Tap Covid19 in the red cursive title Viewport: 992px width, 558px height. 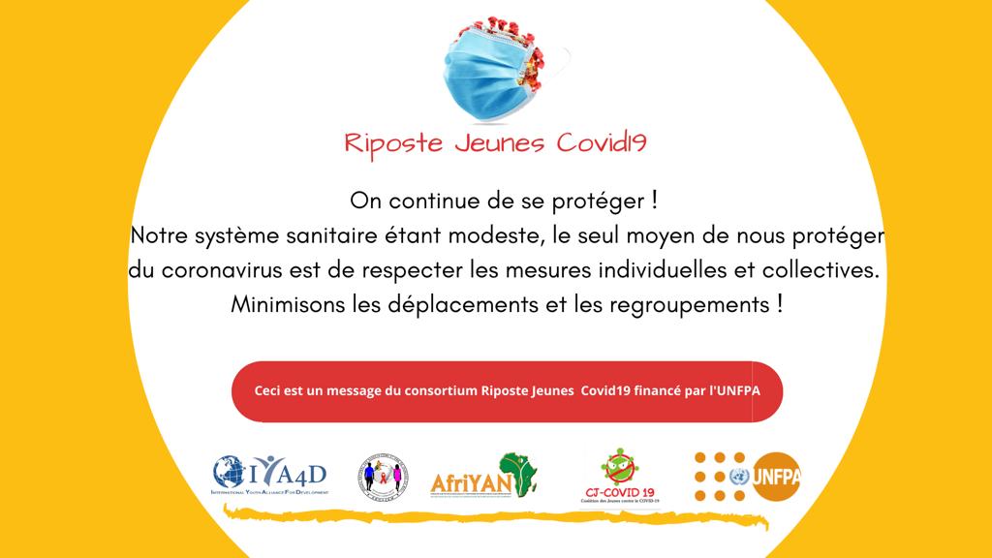pos(603,143)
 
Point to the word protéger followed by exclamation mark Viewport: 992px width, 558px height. pos(604,202)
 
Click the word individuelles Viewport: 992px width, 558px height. pos(665,270)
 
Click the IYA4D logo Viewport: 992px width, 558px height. pos(270,475)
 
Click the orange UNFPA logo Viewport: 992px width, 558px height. pos(748,475)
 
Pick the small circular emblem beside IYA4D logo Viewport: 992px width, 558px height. pos(383,476)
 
